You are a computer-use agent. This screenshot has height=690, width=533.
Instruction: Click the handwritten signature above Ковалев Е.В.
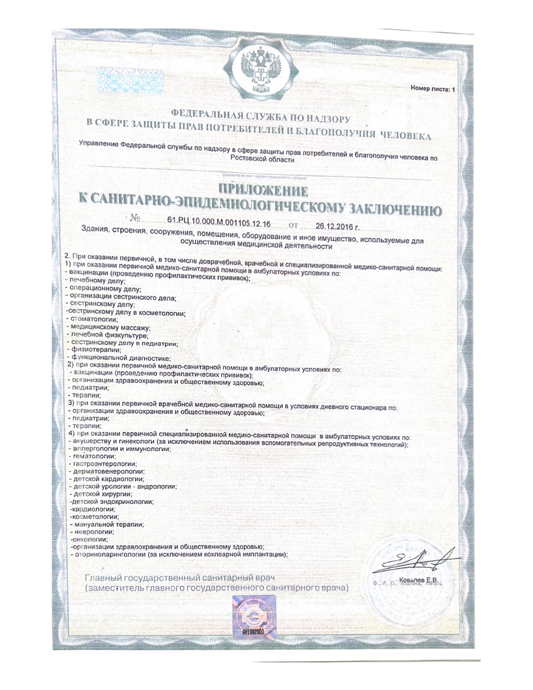click(412, 562)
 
